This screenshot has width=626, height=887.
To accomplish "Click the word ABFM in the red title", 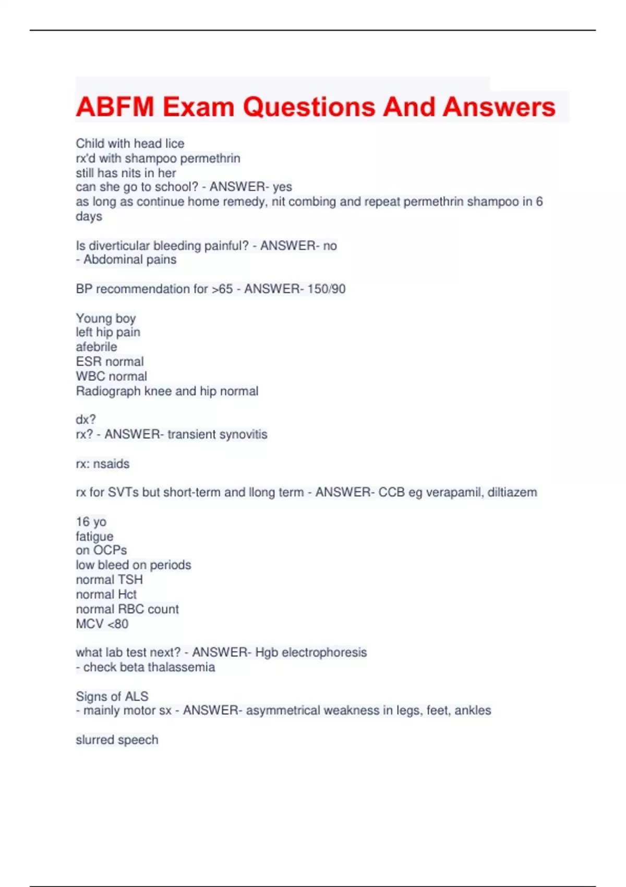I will [x=115, y=107].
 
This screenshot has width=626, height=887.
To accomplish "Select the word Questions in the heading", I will [x=309, y=107].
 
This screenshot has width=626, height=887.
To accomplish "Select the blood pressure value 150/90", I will [x=327, y=289].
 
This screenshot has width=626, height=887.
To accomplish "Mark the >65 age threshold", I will [x=222, y=289].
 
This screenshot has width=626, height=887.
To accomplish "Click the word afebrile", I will [x=97, y=346].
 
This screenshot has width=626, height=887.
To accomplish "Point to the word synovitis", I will [x=243, y=434].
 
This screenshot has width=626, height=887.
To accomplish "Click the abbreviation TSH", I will [x=130, y=579].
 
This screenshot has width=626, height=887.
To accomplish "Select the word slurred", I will [x=95, y=739].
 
